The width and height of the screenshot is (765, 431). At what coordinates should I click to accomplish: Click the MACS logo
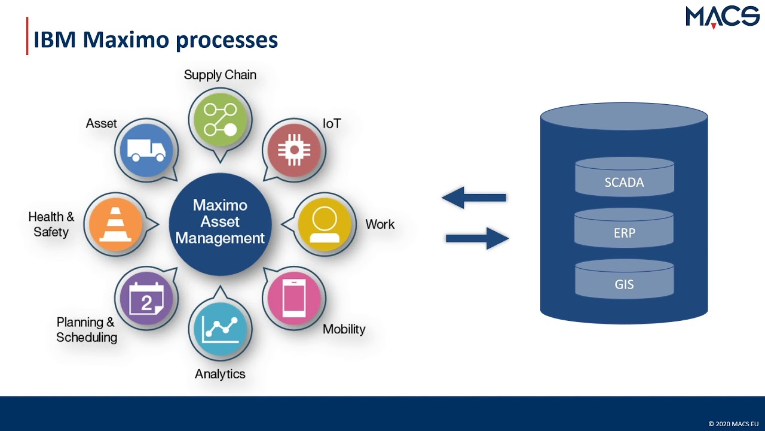point(722,17)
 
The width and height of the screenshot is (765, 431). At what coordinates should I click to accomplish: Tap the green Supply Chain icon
point(220,119)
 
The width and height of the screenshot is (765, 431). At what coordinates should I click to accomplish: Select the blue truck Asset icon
point(146,151)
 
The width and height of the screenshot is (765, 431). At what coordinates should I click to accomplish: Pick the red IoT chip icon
point(293,150)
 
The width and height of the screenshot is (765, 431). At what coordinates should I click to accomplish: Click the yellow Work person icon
point(325,224)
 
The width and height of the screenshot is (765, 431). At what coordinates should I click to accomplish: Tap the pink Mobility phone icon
point(293,298)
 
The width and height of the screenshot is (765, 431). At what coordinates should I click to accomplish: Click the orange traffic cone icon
point(115,224)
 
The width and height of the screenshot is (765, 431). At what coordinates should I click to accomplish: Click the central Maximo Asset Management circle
point(220,222)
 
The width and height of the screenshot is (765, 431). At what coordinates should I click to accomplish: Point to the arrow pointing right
point(477,238)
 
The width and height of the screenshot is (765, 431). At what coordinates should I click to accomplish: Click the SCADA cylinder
point(624,178)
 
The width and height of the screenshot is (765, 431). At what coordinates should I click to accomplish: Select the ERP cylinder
point(624,229)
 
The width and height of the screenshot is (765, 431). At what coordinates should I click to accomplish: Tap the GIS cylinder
point(624,280)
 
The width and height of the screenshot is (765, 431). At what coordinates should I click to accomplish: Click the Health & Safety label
point(51,224)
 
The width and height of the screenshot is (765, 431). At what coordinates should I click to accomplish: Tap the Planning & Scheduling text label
point(86,330)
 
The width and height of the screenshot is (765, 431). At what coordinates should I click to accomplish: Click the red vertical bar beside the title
point(27,36)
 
